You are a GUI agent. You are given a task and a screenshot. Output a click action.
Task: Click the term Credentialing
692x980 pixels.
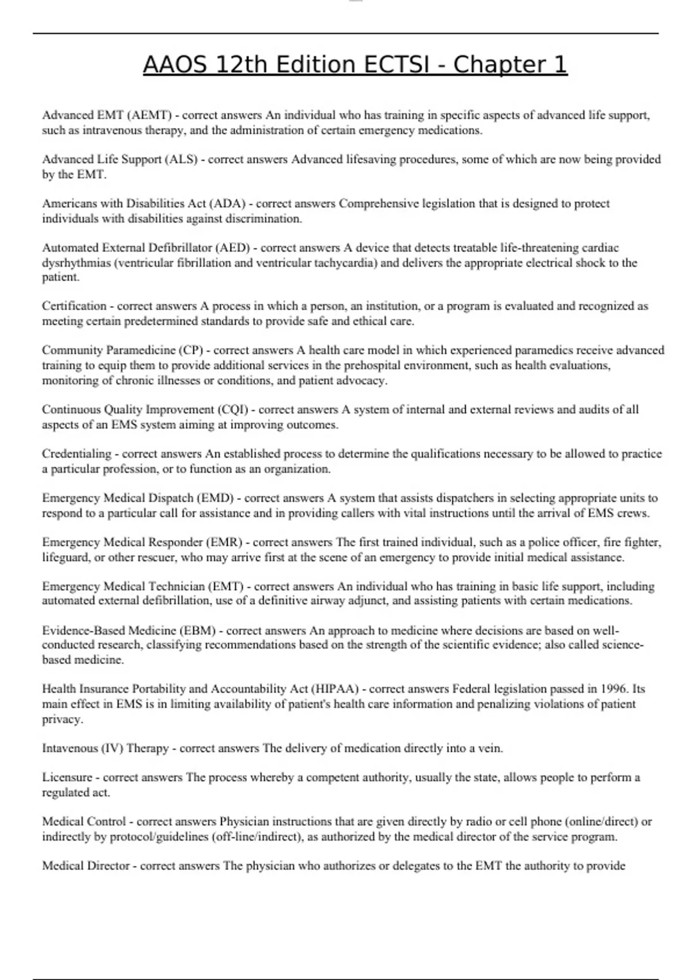77,454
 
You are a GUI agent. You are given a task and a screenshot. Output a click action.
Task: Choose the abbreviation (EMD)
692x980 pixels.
215,498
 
